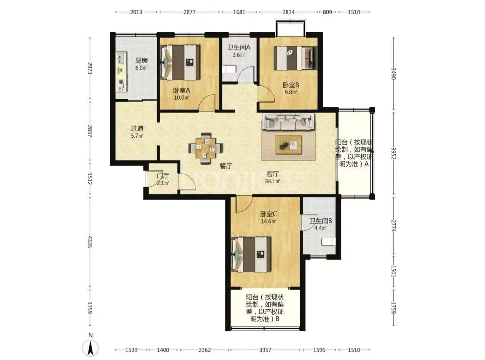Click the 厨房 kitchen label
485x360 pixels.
[141, 60]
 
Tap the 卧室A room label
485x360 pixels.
[182, 90]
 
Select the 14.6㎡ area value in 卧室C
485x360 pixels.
[268, 221]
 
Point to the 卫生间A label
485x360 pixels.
[239, 47]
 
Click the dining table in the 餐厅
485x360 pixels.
[206, 148]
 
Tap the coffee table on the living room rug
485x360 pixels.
[288, 145]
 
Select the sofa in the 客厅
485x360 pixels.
[288, 122]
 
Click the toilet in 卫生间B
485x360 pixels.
[328, 242]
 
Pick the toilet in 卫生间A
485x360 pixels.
[229, 69]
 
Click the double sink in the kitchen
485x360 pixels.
[121, 58]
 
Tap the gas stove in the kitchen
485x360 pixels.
[121, 85]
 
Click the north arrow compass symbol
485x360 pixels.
[90, 348]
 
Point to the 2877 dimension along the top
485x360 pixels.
[189, 12]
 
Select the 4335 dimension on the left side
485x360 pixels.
[90, 242]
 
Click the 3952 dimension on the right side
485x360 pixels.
[393, 154]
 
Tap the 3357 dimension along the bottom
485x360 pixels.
[266, 350]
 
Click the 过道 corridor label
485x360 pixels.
[137, 128]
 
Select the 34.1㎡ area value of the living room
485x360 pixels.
[273, 181]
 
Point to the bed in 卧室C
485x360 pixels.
[251, 254]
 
